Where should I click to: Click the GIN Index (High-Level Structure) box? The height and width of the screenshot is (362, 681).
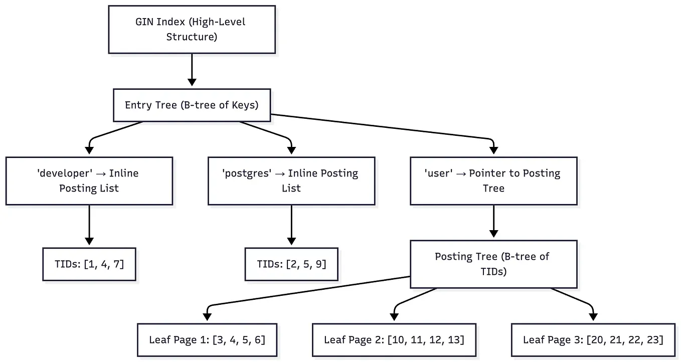pyautogui.click(x=192, y=29)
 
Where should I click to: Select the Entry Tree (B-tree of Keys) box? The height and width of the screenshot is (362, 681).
pyautogui.click(x=192, y=105)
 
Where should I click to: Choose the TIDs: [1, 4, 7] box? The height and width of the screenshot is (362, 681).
pyautogui.click(x=89, y=264)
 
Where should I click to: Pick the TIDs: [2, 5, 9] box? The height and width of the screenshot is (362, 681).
pyautogui.click(x=291, y=264)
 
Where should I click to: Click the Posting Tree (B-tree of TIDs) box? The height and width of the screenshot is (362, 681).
pyautogui.click(x=493, y=264)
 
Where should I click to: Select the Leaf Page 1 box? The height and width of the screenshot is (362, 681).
pyautogui.click(x=207, y=340)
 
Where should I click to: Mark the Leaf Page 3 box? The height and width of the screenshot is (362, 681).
pyautogui.click(x=593, y=340)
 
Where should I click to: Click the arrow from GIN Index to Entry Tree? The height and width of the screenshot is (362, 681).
pyautogui.click(x=192, y=70)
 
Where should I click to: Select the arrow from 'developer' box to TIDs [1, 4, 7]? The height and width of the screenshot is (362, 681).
pyautogui.click(x=89, y=226)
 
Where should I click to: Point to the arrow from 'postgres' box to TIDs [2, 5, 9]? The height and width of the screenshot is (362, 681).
pyautogui.click(x=291, y=226)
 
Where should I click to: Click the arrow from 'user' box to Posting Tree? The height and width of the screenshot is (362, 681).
pyautogui.click(x=493, y=221)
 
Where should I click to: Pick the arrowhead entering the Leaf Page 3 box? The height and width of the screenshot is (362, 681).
pyautogui.click(x=593, y=317)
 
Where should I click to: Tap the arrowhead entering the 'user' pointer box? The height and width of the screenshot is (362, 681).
pyautogui.click(x=493, y=150)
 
